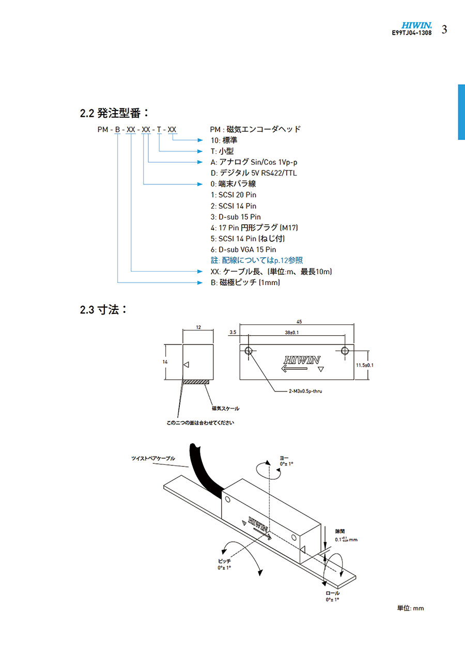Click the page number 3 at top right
[x=444, y=29]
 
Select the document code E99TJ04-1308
[x=412, y=33]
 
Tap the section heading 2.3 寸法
[x=103, y=310]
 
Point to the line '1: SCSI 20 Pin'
[x=233, y=195]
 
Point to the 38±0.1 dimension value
[x=292, y=333]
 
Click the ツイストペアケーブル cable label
[x=153, y=458]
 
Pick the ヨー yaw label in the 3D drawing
[x=285, y=457]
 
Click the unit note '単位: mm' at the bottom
[x=410, y=608]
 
